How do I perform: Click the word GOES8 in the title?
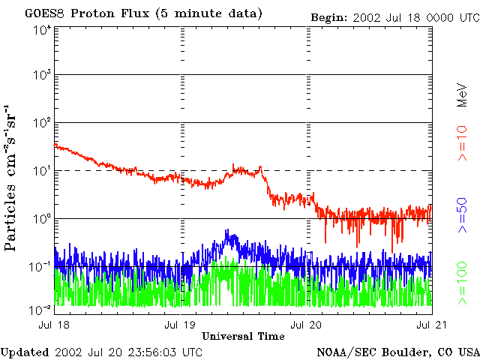tap(44, 13)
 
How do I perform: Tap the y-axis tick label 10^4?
tap(42, 29)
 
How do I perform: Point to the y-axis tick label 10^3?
tap(42, 76)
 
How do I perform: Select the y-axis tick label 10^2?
tap(42, 123)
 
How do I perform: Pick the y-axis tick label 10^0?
tap(42, 218)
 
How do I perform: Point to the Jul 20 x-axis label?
tap(307, 325)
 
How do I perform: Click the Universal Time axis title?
tap(244, 335)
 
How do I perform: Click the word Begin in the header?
tap(328, 16)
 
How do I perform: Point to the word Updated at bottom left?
tap(24, 351)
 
